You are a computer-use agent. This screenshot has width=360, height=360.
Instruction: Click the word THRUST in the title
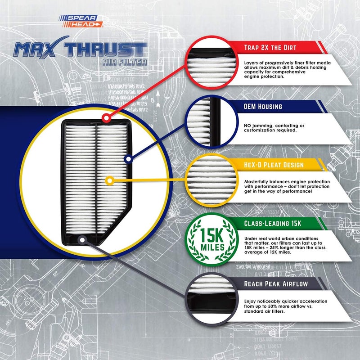click(113, 49)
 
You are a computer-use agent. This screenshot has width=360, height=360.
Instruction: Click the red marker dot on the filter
click(106, 119)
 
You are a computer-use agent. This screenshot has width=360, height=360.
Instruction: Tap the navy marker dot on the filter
click(129, 159)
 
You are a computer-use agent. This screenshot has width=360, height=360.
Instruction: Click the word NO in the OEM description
click(248, 125)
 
